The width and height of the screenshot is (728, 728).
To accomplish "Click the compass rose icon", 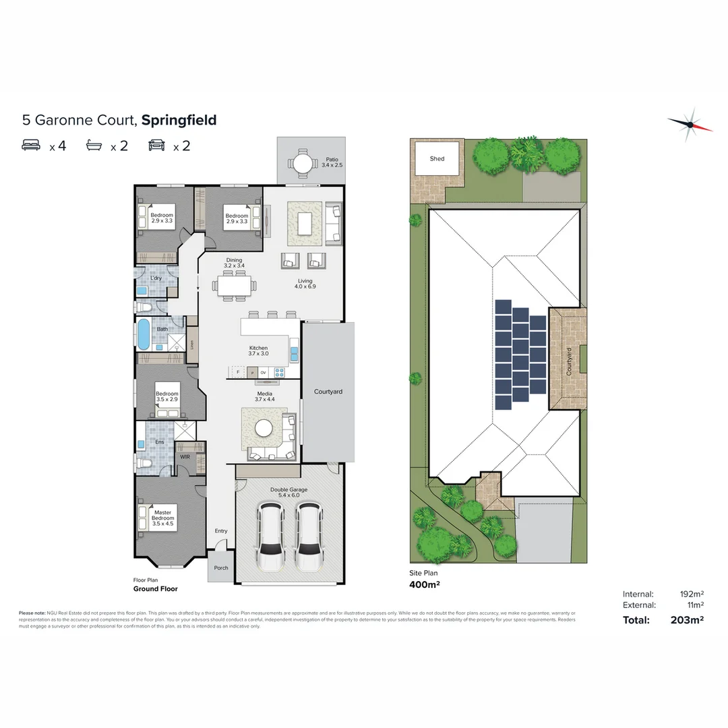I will tap(690, 124).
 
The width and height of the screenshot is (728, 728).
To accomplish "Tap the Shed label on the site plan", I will tap(437, 159).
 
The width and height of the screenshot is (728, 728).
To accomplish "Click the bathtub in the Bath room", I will tap(144, 334).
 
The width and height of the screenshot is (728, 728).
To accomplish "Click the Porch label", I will tap(221, 568).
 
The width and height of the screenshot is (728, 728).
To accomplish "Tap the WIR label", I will tap(184, 456).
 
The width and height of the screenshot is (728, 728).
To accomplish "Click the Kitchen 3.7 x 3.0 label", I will tap(258, 351).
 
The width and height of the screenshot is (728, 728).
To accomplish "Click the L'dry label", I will tap(156, 278).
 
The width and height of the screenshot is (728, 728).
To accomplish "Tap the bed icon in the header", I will tap(32, 145).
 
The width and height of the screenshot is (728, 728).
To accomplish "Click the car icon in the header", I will tap(157, 145).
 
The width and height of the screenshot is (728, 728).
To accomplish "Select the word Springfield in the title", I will tap(179, 121).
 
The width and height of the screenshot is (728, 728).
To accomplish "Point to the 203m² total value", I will tap(686, 620).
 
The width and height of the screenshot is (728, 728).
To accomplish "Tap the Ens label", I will tap(160, 442).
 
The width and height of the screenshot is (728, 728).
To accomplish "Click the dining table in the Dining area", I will tap(234, 286).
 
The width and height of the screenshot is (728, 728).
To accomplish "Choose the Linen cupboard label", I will tap(192, 344).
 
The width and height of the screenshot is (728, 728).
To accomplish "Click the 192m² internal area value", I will tap(692, 594).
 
